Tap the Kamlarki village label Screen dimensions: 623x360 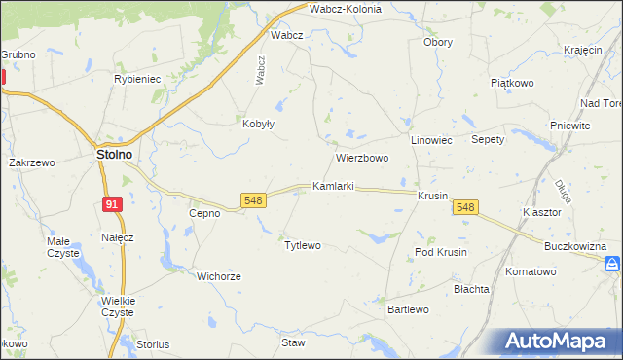(333, 186)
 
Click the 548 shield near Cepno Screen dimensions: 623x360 (253, 200)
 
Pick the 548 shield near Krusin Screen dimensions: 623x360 (465, 207)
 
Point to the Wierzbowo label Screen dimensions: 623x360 (362, 157)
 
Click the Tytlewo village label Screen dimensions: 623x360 (302, 245)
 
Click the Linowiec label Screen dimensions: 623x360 (432, 141)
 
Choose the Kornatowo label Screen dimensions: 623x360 (530, 271)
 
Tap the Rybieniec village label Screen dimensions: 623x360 (136, 79)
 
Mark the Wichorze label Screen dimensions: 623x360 (218, 276)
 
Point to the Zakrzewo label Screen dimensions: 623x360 (31, 163)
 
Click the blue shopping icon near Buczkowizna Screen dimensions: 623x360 (611, 264)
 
